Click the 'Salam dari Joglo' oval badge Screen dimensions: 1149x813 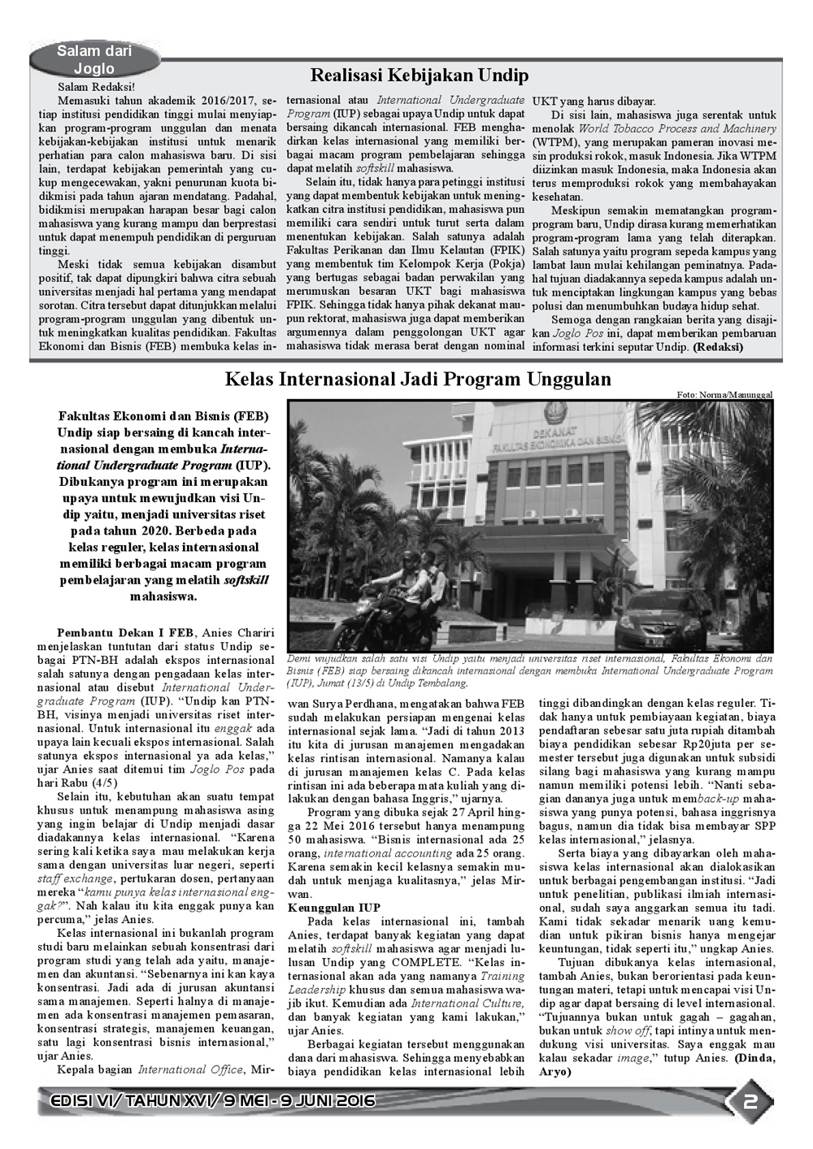(94, 60)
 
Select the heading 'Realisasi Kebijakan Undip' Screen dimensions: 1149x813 (420, 76)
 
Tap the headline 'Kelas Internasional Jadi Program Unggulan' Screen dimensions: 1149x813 (418, 379)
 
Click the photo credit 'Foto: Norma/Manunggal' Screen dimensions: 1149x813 (724, 394)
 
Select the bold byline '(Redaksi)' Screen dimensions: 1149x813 (717, 346)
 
